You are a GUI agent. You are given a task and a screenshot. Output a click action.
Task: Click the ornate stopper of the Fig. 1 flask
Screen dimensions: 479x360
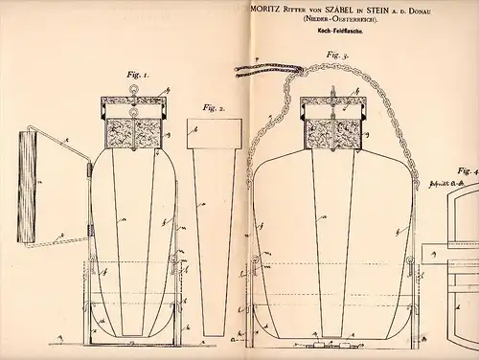click(134, 135)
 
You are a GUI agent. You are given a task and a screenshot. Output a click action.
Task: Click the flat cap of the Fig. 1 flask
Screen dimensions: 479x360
click(134, 102)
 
